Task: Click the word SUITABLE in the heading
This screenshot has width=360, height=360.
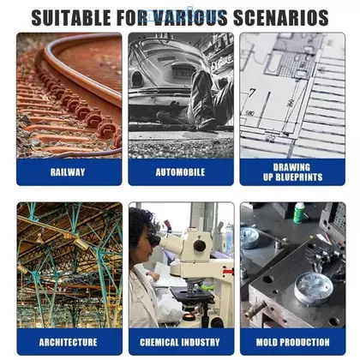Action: (71, 18)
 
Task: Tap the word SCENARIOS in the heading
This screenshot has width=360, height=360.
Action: (281, 18)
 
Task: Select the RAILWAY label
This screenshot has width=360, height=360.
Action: (68, 172)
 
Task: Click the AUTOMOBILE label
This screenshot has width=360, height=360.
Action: (180, 172)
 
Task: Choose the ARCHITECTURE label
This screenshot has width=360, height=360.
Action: (68, 342)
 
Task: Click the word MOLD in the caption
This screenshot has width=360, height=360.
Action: (267, 342)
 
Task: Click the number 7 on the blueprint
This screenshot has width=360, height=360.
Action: (252, 93)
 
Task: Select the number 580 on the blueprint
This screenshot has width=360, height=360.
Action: (249, 114)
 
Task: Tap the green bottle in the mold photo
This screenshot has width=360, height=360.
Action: (299, 213)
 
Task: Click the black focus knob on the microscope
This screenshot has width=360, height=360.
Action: (200, 246)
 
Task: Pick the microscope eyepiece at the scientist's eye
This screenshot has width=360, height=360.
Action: (154, 241)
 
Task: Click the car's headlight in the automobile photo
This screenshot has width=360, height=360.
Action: (137, 79)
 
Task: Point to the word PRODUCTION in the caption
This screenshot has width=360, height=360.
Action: (304, 342)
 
